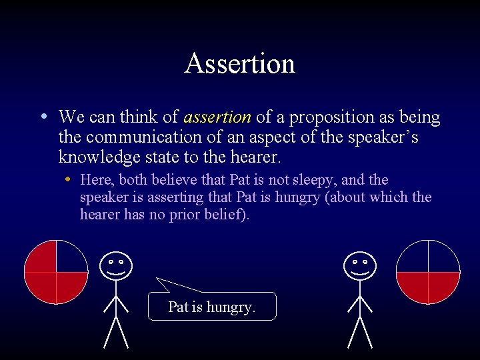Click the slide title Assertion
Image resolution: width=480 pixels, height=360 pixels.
point(240,63)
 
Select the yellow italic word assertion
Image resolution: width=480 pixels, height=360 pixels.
point(217,117)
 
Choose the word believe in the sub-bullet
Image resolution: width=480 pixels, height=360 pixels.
point(175,180)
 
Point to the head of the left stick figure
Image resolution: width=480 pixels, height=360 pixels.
point(115,265)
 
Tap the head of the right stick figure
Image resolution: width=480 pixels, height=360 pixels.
point(360,265)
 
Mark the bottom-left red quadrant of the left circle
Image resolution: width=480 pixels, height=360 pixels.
point(41,286)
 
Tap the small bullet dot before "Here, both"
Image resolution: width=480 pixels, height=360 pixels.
point(69,181)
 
